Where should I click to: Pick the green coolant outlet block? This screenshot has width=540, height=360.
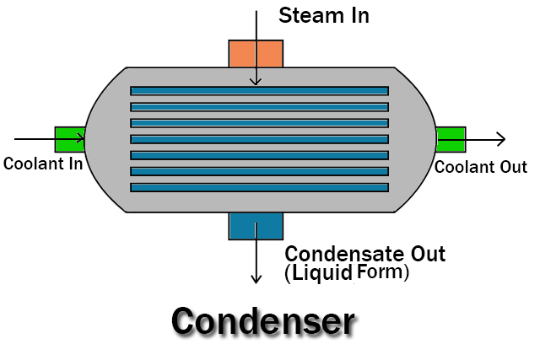pyautogui.click(x=450, y=139)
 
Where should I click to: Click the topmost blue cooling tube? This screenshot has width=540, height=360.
pyautogui.click(x=259, y=91)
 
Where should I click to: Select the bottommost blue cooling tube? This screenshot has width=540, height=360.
pyautogui.click(x=259, y=187)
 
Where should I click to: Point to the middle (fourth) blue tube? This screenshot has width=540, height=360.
pyautogui.click(x=259, y=139)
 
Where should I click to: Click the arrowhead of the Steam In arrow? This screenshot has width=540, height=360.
pyautogui.click(x=256, y=81)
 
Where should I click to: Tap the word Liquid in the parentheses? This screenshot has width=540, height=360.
pyautogui.click(x=322, y=273)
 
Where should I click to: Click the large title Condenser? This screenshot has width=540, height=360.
pyautogui.click(x=262, y=321)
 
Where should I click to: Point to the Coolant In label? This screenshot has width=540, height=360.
pyautogui.click(x=42, y=164)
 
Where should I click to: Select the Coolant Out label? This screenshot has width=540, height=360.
pyautogui.click(x=480, y=167)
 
